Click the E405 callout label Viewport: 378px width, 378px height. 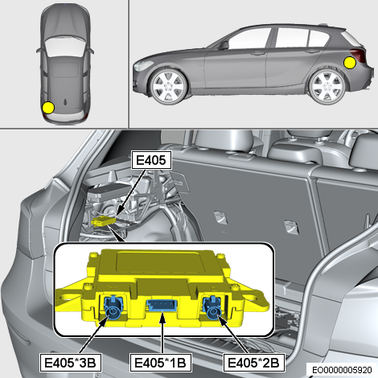(151, 160)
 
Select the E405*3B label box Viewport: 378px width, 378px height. (70, 363)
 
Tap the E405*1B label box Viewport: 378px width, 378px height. (161, 363)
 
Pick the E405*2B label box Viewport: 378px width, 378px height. (254, 363)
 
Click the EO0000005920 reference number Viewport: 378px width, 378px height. (343, 370)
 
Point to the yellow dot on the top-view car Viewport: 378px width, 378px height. (48, 108)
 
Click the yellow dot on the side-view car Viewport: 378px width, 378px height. (350, 63)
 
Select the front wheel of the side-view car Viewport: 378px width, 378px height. (168, 87)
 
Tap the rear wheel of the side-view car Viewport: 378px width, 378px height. (327, 87)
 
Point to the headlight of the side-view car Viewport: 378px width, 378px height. (144, 65)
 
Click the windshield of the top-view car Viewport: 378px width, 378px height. (65, 46)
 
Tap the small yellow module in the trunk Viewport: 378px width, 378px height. (103, 221)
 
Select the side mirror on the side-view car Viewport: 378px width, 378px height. (223, 45)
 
